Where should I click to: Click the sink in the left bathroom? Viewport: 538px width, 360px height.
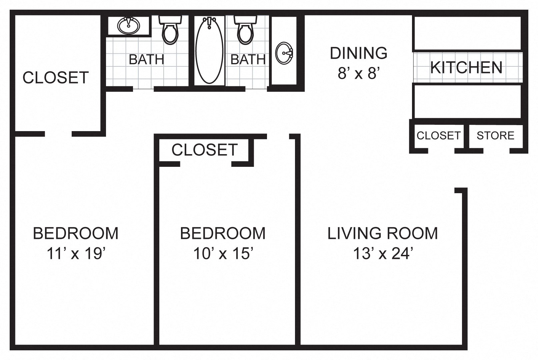pyautogui.click(x=129, y=25)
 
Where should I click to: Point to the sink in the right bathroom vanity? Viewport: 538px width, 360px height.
pyautogui.click(x=284, y=53)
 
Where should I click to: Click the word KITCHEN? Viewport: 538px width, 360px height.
pyautogui.click(x=466, y=67)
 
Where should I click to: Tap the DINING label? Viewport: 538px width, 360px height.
pyautogui.click(x=359, y=53)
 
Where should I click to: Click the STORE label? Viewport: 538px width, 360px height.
pyautogui.click(x=495, y=135)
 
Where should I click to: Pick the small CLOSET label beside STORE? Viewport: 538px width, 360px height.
pyautogui.click(x=438, y=135)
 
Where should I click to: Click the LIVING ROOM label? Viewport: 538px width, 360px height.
pyautogui.click(x=383, y=233)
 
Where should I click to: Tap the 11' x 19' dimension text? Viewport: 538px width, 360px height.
pyautogui.click(x=76, y=254)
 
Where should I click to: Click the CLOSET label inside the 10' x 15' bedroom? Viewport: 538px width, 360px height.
pyautogui.click(x=204, y=150)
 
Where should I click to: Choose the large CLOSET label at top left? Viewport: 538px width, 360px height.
pyautogui.click(x=56, y=77)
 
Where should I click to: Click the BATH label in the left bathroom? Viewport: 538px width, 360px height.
pyautogui.click(x=146, y=60)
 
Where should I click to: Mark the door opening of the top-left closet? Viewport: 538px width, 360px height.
pyautogui.click(x=58, y=134)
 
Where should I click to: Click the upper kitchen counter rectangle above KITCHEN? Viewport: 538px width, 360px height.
pyautogui.click(x=467, y=33)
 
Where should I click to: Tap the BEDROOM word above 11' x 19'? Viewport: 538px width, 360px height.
pyautogui.click(x=76, y=233)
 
